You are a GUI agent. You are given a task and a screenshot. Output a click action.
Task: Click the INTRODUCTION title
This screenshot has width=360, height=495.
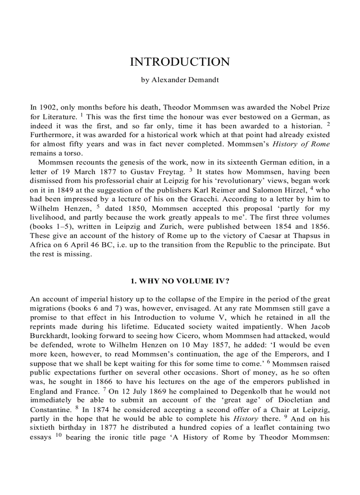(x=180, y=62)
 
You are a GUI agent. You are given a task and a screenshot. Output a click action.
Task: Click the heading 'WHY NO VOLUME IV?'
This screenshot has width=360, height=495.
(x=180, y=281)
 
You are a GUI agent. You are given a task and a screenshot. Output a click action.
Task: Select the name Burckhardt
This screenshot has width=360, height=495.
(x=49, y=335)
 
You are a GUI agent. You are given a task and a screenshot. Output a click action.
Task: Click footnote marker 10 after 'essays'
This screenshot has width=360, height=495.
(x=58, y=436)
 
